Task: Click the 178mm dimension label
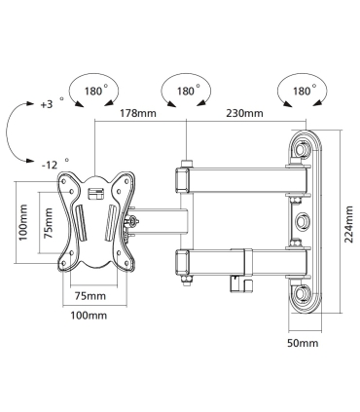click(x=138, y=113)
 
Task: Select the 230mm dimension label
click(x=244, y=113)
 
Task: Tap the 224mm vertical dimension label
click(x=348, y=224)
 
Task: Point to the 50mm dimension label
click(x=303, y=343)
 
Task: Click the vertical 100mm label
click(x=23, y=222)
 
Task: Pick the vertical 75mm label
click(x=49, y=223)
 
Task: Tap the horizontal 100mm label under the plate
click(x=89, y=315)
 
